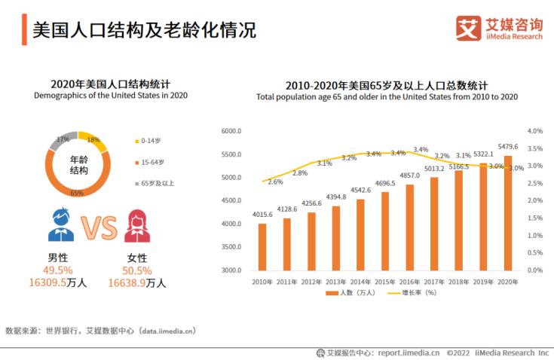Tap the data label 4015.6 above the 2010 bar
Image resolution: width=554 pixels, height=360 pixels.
262,215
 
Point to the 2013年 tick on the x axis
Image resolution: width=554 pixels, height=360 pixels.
336,281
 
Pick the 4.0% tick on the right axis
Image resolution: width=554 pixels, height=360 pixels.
535,131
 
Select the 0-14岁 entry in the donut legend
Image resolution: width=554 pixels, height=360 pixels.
150,140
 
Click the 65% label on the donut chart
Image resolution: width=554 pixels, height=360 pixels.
77,194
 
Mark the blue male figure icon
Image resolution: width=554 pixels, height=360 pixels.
61,224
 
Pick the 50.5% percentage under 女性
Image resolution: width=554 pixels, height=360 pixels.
136,270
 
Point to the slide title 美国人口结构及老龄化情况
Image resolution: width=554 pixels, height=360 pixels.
144,29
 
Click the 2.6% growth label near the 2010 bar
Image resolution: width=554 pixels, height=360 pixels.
276,182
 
